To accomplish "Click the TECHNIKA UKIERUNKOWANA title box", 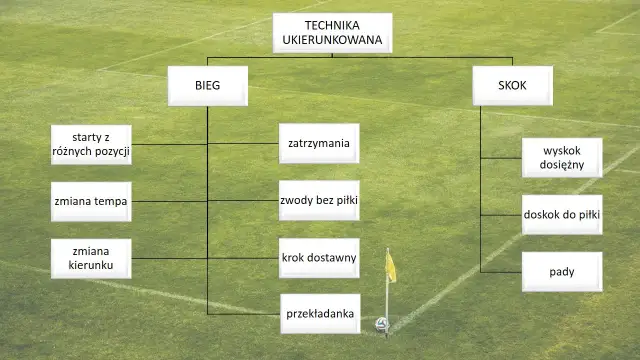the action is [332, 32].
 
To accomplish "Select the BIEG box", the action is [207, 87].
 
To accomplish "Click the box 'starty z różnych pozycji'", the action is [90, 143].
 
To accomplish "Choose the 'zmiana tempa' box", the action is [90, 201].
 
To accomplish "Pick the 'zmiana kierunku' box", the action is [90, 258].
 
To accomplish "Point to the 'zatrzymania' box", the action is [318, 143].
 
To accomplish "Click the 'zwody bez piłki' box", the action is [318, 201].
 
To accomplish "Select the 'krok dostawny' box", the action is [318, 258].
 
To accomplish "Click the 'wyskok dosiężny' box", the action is [561, 157].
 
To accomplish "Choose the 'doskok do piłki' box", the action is [561, 214].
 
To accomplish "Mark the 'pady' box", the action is [561, 271].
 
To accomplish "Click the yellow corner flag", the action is [391, 266].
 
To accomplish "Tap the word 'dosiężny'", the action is [561, 165].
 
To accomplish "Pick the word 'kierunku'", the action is [90, 266].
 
